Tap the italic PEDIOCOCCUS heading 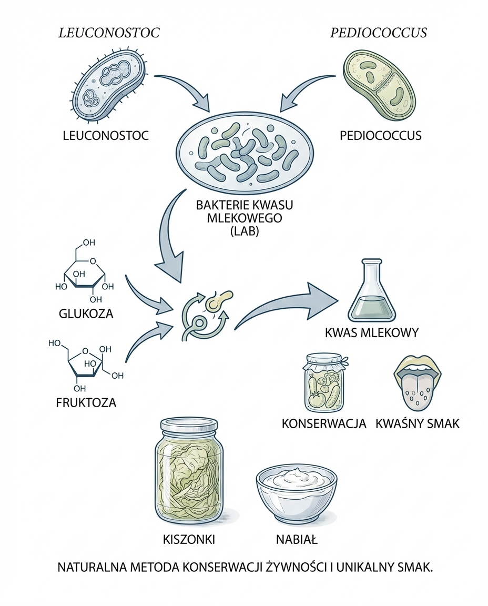tap(378, 33)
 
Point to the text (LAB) tap(245, 231)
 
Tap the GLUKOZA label tap(86, 314)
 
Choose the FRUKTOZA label tap(86, 403)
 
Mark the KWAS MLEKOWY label tap(372, 332)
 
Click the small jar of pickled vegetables tap(323, 384)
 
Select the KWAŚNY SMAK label tap(418, 423)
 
